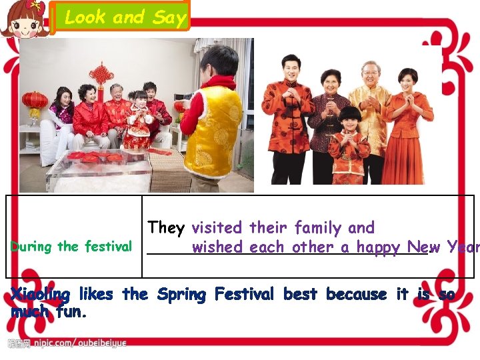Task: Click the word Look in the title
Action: pos(85,17)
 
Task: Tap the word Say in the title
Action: pos(169,17)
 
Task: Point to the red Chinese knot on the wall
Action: pos(101,75)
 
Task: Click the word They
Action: pos(166,228)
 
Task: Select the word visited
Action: pos(218,228)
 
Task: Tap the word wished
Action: pos(217,247)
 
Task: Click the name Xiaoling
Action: pos(40,295)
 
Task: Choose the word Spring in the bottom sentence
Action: pos(181,295)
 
